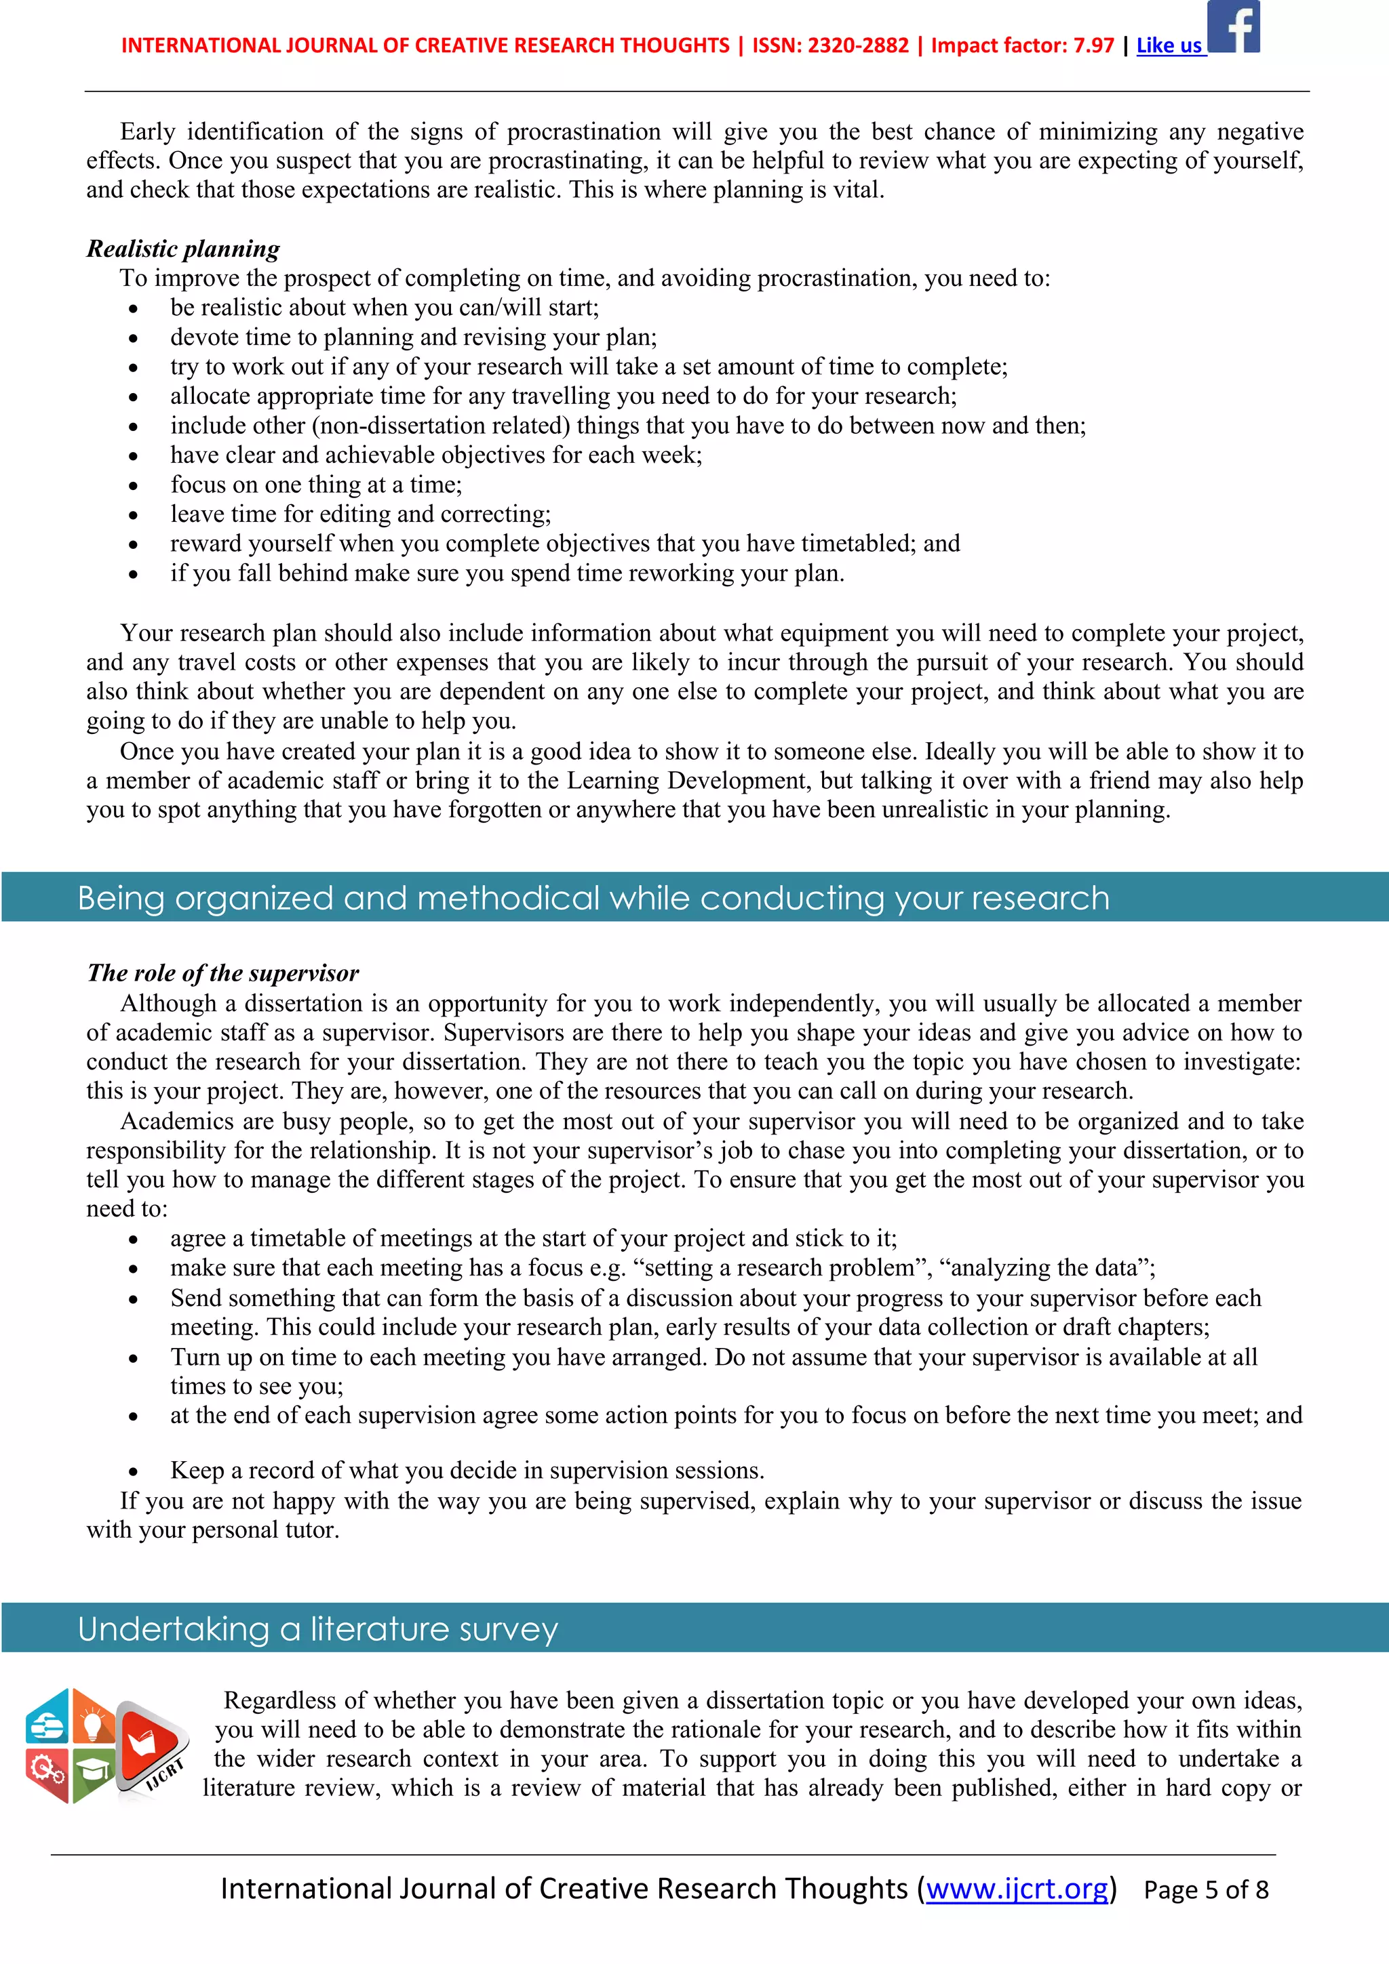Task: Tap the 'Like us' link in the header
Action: (x=1169, y=46)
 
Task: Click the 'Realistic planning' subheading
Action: (x=183, y=249)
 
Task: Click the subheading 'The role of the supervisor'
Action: (x=222, y=973)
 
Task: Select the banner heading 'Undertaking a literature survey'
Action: (x=317, y=1629)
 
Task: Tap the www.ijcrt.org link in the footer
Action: (x=1017, y=1888)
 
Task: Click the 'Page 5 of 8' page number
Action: (x=1206, y=1889)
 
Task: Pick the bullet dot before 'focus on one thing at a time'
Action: (x=134, y=487)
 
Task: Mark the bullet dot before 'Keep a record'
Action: (x=134, y=1472)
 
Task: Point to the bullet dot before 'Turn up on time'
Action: (x=134, y=1358)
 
